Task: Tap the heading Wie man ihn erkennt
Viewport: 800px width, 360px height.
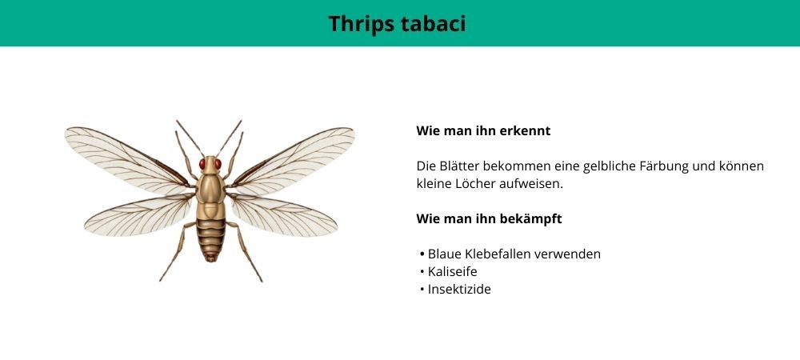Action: click(483, 131)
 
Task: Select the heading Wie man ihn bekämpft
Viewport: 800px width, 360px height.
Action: click(489, 219)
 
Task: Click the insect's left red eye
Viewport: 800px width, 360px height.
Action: click(202, 164)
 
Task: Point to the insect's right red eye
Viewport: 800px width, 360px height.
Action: click(218, 164)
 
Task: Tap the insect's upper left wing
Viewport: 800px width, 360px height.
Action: click(127, 158)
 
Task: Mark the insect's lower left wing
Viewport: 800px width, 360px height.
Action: click(138, 216)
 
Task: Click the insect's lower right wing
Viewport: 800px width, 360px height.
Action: click(283, 216)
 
